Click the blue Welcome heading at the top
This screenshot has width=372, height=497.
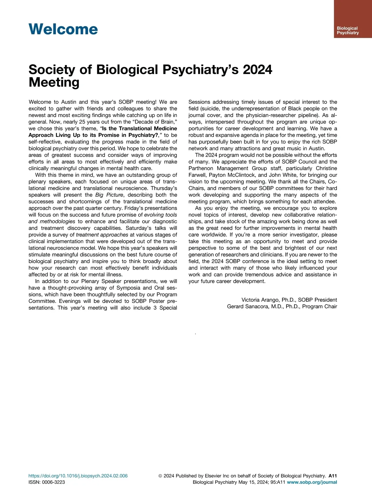63,29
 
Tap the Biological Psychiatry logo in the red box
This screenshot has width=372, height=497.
348,30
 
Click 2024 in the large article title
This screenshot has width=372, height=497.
257,70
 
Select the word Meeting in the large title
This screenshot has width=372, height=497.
54,83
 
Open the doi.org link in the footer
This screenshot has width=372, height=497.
78,476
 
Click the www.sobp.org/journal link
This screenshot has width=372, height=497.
312,482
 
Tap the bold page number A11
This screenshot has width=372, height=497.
333,476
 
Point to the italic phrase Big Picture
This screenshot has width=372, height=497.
109,195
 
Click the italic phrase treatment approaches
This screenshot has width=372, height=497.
102,235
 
